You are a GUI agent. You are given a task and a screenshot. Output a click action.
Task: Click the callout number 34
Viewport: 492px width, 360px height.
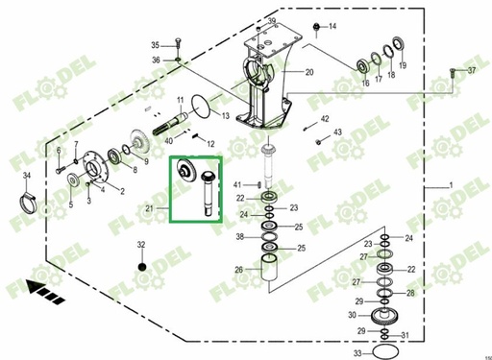click(x=27, y=175)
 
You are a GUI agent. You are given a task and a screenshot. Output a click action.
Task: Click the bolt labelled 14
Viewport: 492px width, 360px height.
click(x=316, y=26)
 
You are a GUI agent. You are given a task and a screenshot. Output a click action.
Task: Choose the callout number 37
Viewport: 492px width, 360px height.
click(x=471, y=71)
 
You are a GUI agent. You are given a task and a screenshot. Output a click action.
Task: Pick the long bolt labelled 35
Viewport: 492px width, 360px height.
click(x=179, y=47)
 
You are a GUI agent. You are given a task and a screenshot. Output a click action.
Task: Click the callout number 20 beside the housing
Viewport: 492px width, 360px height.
click(x=309, y=73)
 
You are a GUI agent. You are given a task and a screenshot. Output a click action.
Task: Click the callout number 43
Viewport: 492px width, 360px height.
click(x=337, y=132)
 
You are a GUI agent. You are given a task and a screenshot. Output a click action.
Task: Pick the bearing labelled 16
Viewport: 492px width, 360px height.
click(x=364, y=65)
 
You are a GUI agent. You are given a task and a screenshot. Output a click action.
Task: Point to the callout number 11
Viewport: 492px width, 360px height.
click(x=180, y=100)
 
